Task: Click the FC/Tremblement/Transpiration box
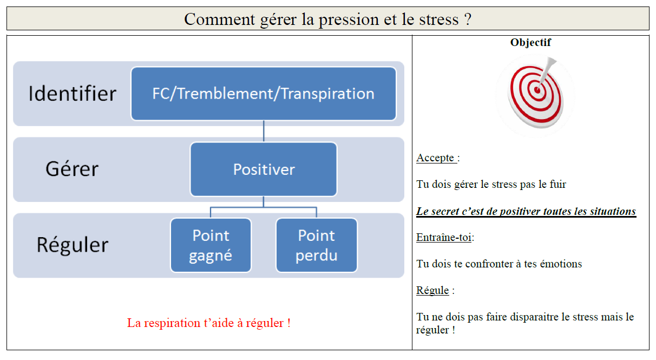264,94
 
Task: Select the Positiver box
264,169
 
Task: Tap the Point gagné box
211,245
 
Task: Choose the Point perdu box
317,245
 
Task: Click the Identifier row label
73,94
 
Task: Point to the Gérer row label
72,169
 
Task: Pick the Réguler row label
73,245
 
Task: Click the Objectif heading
530,43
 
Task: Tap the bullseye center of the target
537,90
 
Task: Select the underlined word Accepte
435,158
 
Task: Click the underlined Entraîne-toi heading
444,237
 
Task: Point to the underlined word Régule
432,290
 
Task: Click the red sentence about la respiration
209,323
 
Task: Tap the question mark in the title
468,19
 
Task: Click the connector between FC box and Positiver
264,131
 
